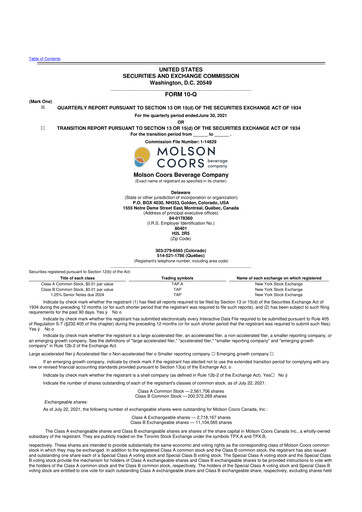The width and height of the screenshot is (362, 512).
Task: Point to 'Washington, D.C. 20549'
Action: pyautogui.click(x=180, y=46)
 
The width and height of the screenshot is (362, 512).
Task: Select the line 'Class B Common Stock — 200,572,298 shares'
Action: pyautogui.click(x=180, y=427)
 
